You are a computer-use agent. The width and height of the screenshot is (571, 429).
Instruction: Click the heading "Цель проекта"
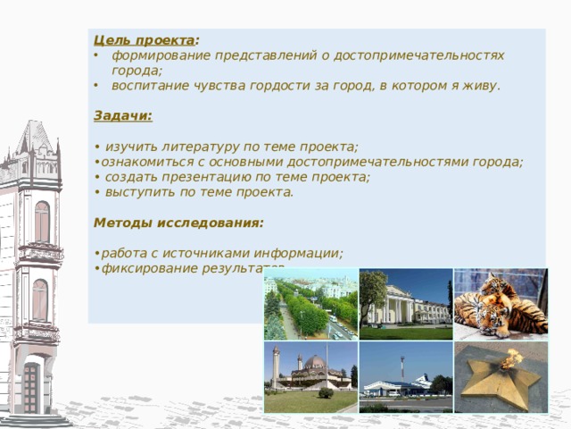point(145,40)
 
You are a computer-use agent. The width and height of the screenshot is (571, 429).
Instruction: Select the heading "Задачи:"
point(123,116)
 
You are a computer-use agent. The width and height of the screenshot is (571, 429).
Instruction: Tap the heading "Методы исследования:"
point(178,223)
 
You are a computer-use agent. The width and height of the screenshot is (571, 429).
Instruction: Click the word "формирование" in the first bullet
point(161,55)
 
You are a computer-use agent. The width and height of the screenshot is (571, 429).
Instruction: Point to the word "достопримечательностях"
point(418,55)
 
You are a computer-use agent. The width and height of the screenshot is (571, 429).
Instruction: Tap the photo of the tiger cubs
point(501,304)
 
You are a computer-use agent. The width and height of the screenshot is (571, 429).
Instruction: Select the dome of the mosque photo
point(315,361)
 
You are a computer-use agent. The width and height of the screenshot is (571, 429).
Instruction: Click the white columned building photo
point(406,304)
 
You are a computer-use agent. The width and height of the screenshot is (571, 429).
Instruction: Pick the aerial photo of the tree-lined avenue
point(311,304)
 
